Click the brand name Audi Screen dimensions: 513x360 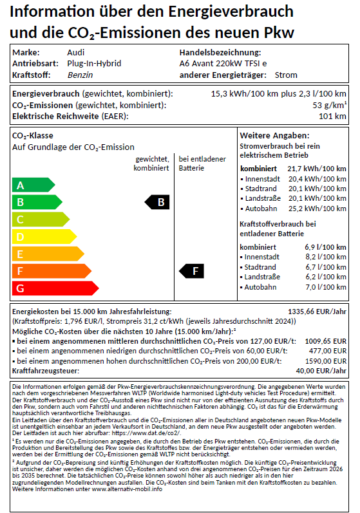tap(75, 53)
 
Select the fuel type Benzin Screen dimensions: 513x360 tap(80, 75)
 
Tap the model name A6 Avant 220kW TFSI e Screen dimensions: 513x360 tap(223, 64)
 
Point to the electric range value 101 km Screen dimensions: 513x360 tap(333, 116)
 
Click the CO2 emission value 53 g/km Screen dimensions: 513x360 tap(329, 105)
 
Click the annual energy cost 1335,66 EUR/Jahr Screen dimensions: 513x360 tap(318, 310)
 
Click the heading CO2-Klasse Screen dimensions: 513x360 tap(33, 136)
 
